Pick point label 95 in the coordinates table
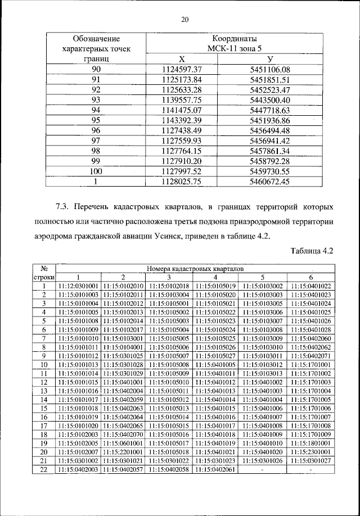(96, 120)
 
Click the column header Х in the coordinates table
(181, 59)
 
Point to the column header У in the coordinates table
(270, 59)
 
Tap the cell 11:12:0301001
(78, 286)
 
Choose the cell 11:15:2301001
(312, 452)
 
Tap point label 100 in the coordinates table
(96, 171)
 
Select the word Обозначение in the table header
(96, 39)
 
